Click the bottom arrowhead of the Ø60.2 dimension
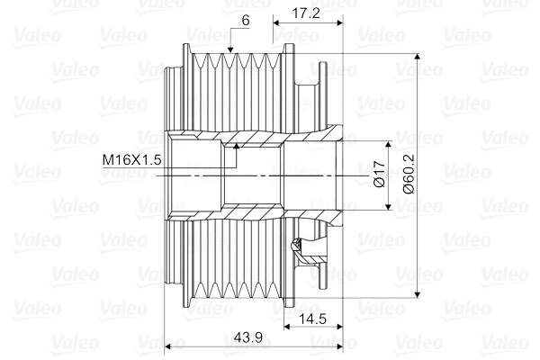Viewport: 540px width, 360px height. coord(418,296)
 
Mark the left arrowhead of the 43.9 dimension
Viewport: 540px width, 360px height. coord(172,346)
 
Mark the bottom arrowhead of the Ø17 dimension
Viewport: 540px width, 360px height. coord(389,208)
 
